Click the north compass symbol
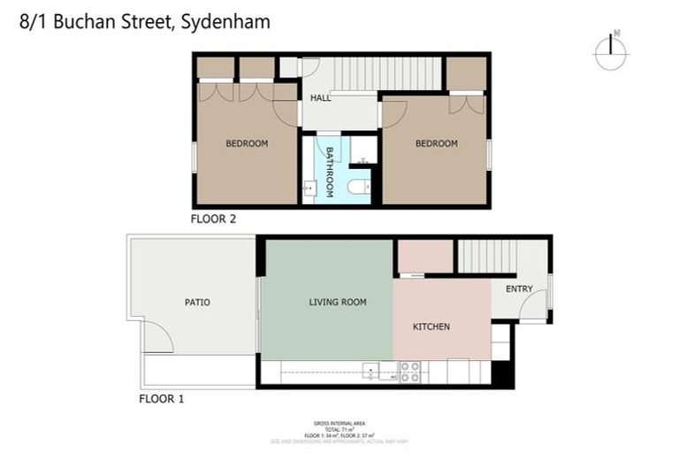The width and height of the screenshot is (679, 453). [611, 51]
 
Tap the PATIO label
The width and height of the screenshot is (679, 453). [197, 303]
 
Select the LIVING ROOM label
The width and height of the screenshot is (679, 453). [338, 303]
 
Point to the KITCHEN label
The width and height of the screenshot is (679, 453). [431, 326]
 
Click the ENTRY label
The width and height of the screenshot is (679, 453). [519, 289]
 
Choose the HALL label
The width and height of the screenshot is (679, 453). [320, 98]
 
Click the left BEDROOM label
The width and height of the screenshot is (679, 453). [247, 143]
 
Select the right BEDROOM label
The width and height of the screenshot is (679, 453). [437, 143]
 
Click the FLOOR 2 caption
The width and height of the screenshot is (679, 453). [213, 218]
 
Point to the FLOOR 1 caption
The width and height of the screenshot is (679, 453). [162, 399]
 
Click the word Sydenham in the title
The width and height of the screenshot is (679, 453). [225, 22]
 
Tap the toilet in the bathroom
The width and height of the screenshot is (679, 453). [359, 187]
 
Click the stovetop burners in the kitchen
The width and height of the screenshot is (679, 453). [409, 372]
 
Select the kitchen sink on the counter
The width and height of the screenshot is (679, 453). [370, 372]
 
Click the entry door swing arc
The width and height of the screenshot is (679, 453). [533, 307]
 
